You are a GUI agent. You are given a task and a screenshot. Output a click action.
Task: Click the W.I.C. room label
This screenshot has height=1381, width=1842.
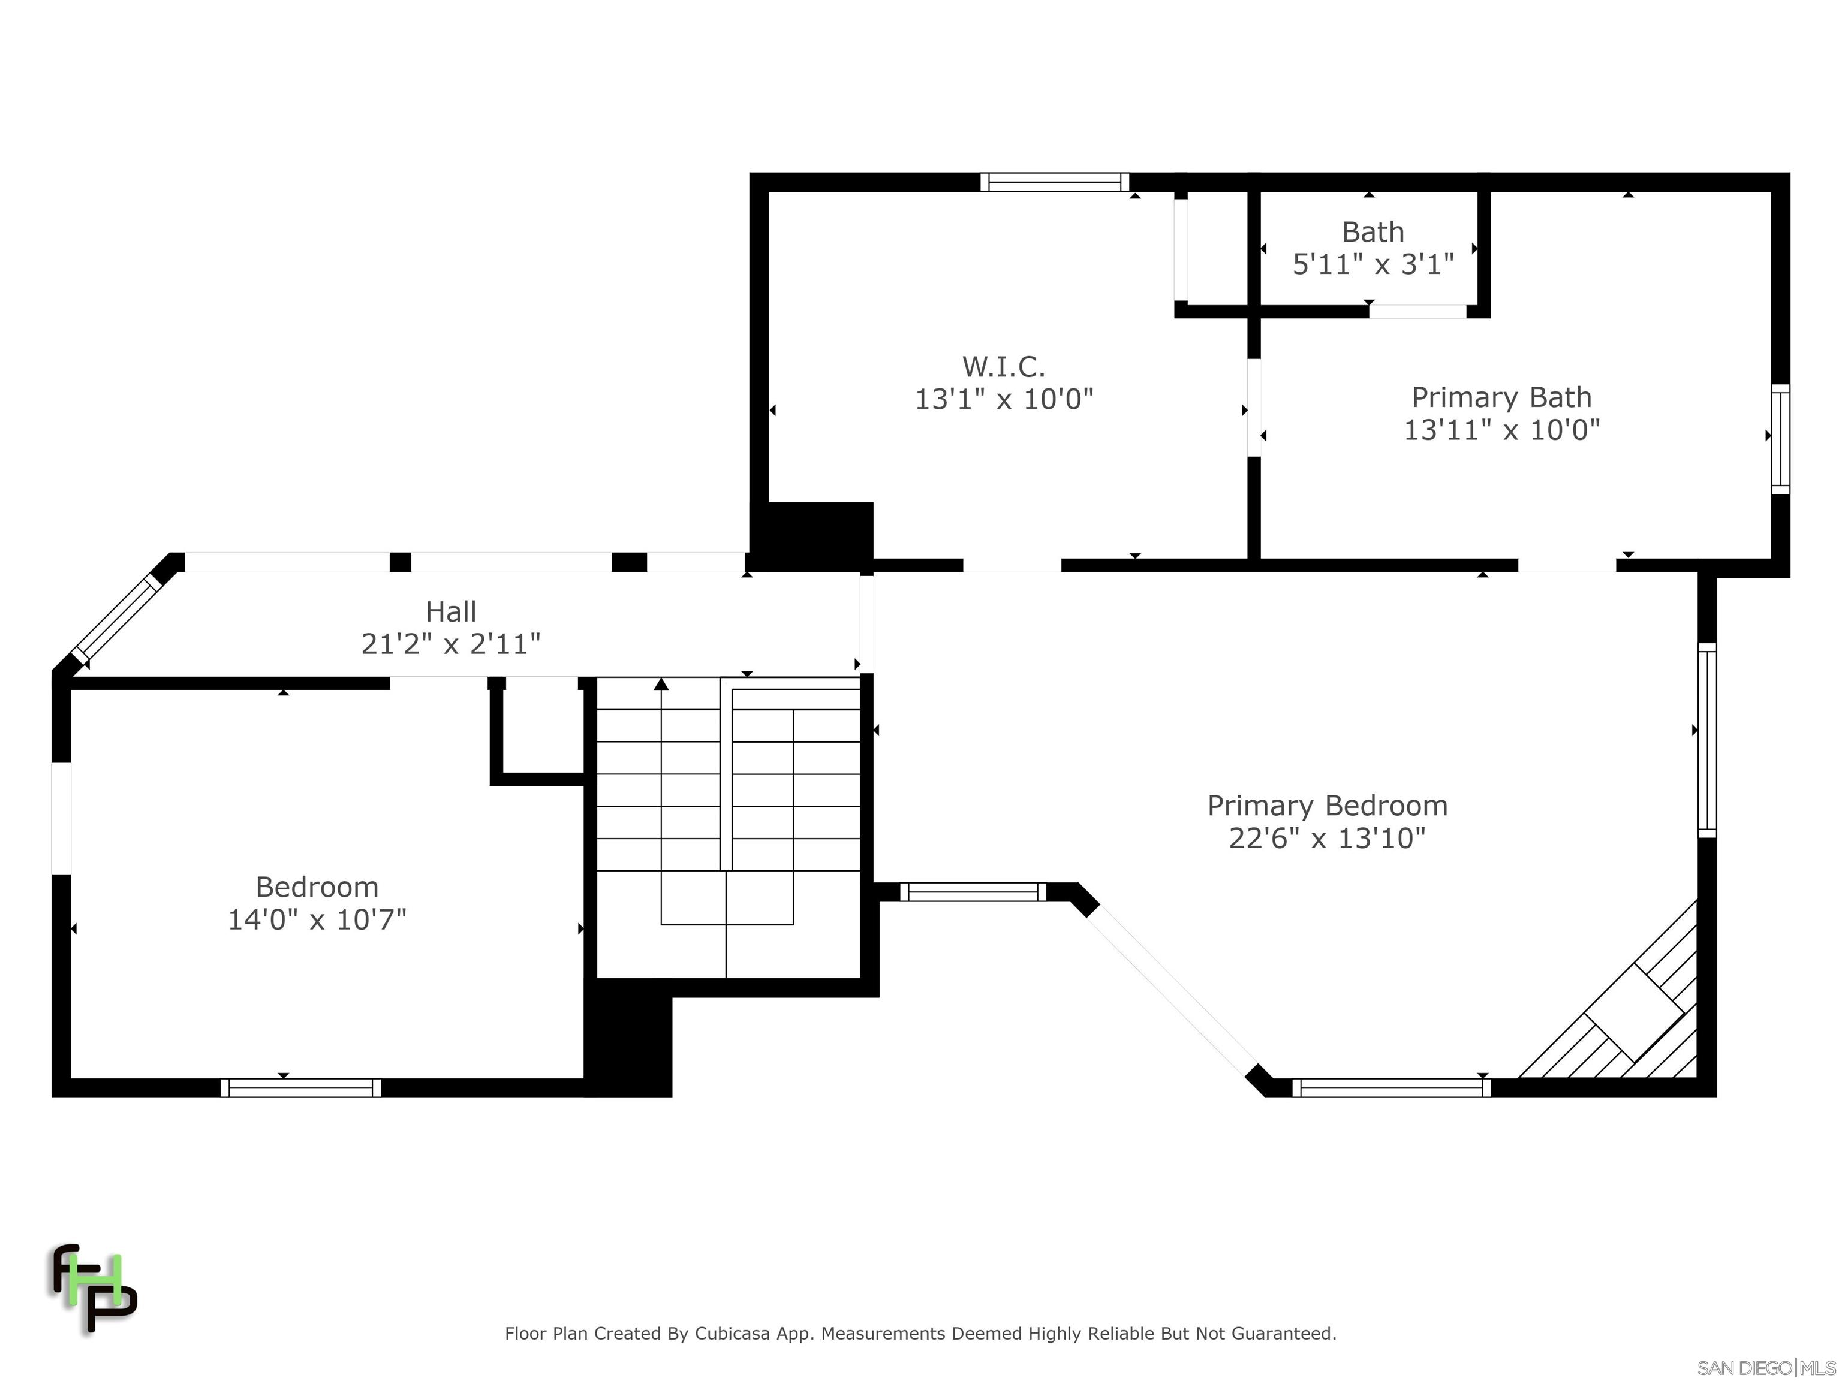(1003, 366)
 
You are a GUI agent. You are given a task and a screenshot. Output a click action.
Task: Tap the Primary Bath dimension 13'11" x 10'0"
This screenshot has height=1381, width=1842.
(1501, 430)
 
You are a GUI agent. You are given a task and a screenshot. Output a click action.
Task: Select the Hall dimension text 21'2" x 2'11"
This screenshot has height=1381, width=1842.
(450, 644)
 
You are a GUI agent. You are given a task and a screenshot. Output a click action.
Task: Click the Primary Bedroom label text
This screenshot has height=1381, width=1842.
(1328, 805)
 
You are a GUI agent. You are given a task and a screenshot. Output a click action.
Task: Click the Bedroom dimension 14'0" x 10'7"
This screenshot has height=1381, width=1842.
(317, 919)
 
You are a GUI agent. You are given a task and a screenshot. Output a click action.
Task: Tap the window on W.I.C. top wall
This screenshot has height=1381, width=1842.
(1054, 182)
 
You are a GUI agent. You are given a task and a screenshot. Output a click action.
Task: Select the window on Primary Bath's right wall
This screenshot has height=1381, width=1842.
(1780, 439)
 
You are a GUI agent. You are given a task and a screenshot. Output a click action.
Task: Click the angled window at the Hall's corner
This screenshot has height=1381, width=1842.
(116, 617)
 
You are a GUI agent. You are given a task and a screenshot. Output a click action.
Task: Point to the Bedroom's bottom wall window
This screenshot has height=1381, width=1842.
(300, 1087)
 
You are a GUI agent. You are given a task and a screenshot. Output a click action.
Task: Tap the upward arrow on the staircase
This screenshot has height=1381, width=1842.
(661, 685)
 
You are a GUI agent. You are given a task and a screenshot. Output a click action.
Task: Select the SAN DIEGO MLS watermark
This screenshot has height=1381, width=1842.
(1765, 1368)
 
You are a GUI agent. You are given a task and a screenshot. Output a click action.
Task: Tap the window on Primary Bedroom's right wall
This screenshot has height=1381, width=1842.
(1706, 740)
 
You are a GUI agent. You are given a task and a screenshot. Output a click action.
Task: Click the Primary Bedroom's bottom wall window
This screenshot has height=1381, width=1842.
(1390, 1087)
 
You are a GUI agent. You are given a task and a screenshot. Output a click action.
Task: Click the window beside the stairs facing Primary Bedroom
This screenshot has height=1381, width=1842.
(973, 891)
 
